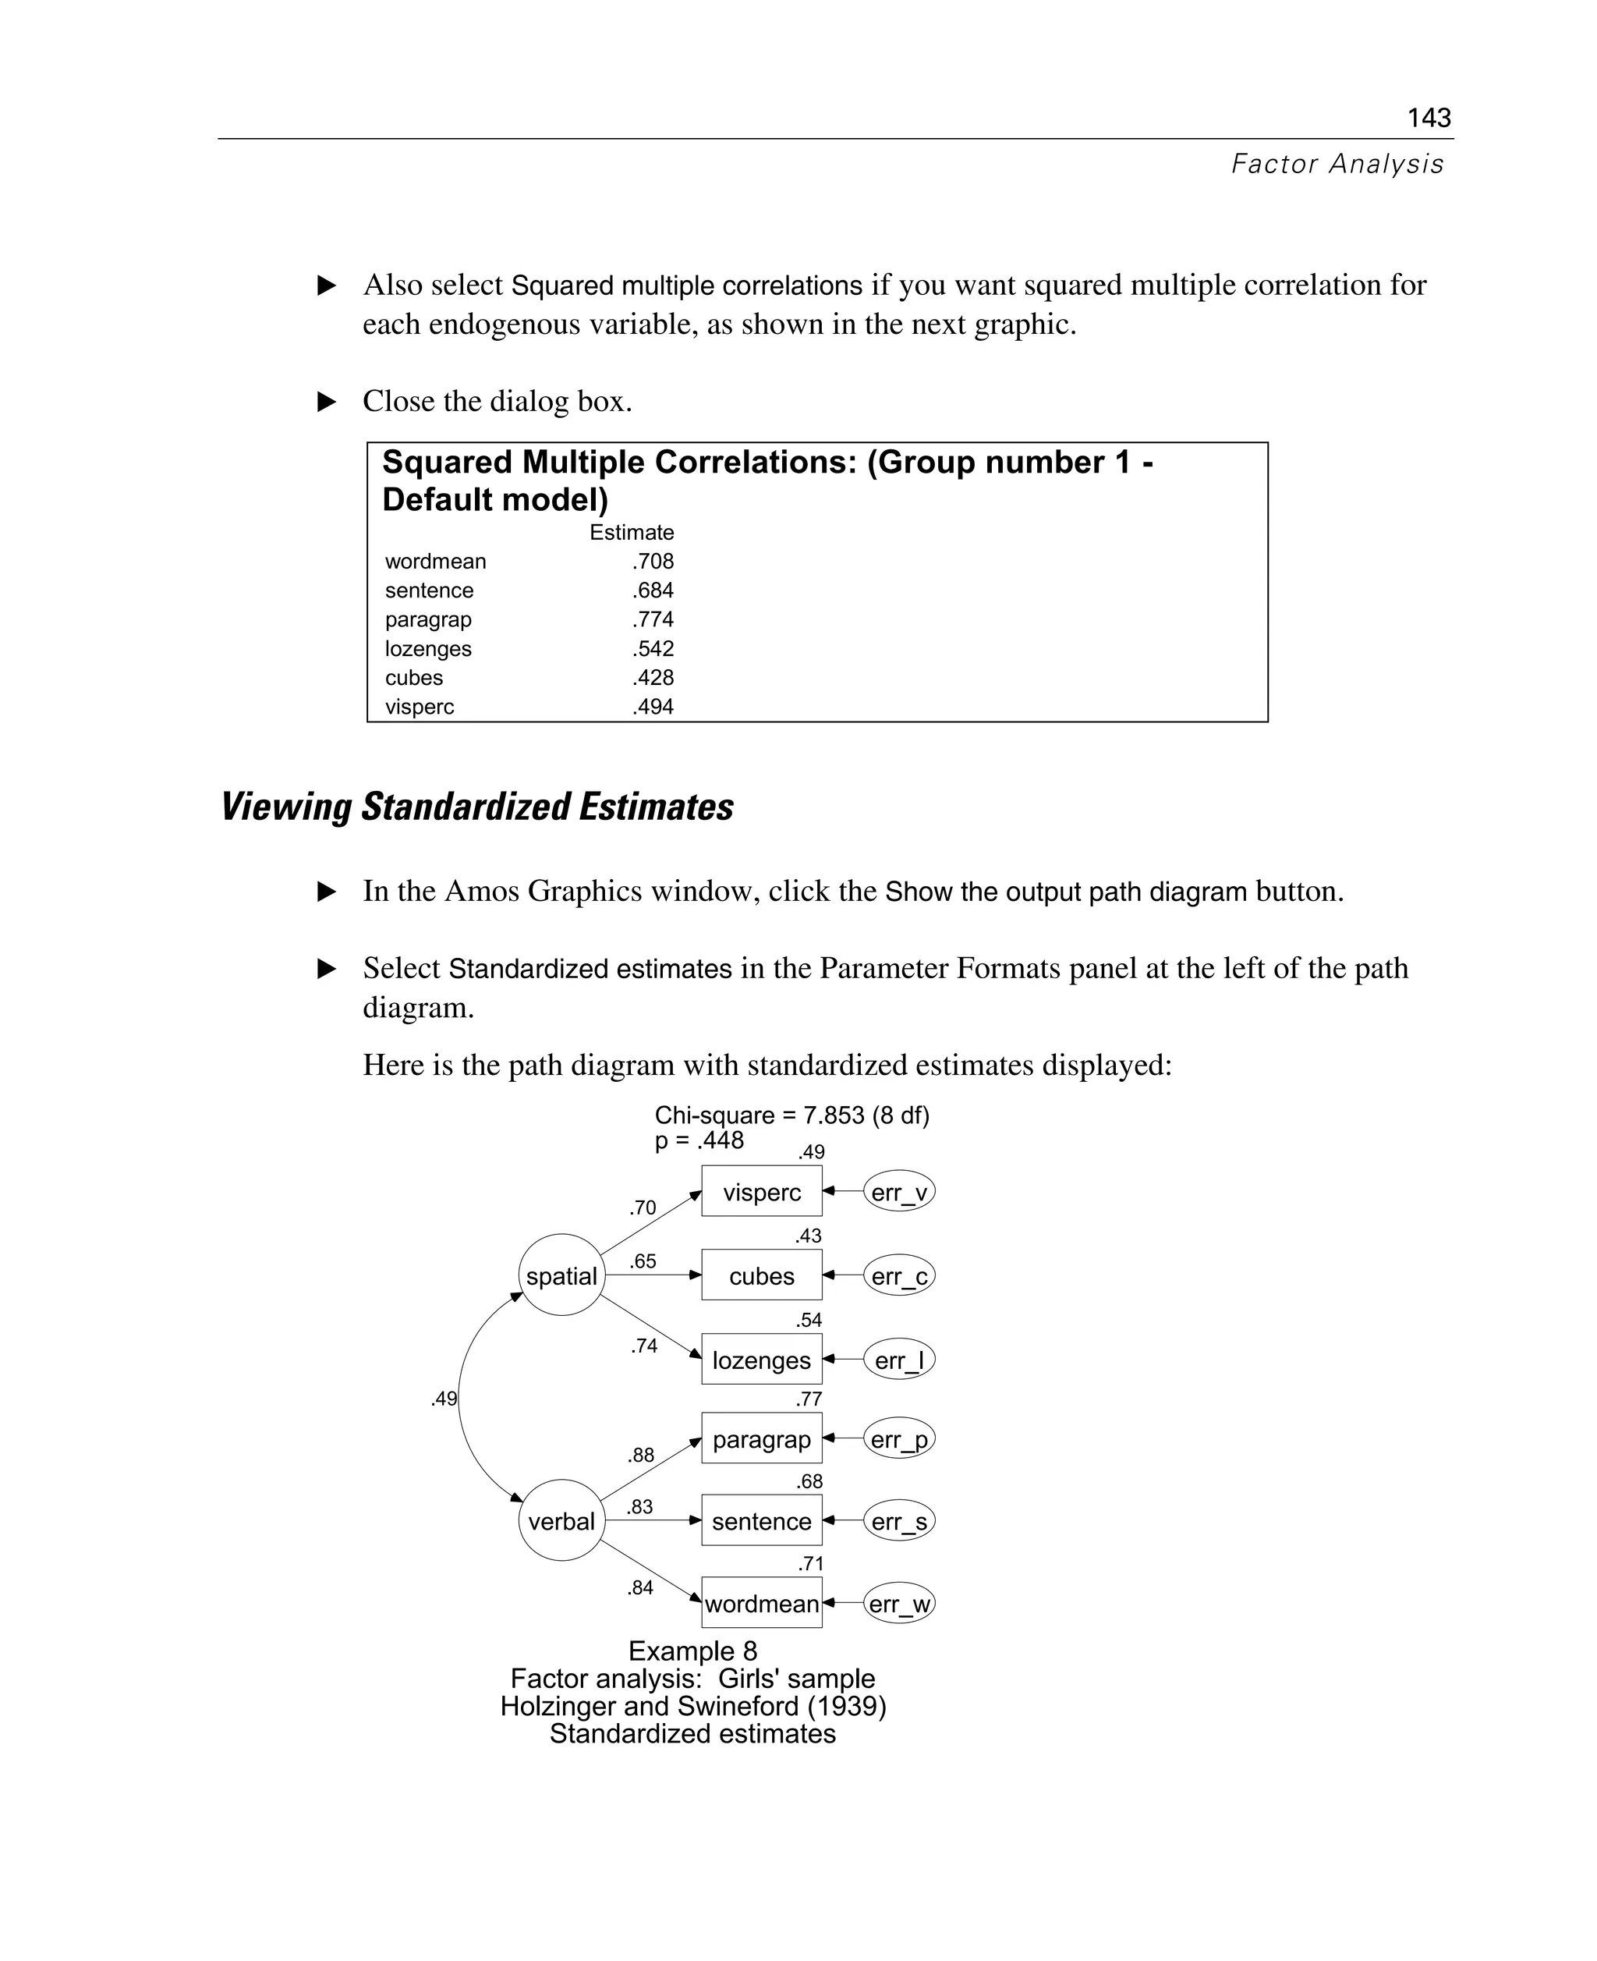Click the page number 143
(1429, 118)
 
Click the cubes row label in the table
(414, 677)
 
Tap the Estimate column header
(631, 532)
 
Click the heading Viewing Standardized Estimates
(476, 807)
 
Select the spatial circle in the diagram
(561, 1275)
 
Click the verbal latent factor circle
(561, 1521)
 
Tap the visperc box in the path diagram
(762, 1192)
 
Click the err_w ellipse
(899, 1604)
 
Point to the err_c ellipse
(899, 1275)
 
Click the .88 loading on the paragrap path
(641, 1455)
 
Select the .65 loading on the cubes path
(643, 1261)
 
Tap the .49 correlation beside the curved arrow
(444, 1399)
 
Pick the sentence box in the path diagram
(762, 1521)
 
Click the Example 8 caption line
(692, 1650)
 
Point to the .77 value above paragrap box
(809, 1399)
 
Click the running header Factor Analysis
(1337, 164)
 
